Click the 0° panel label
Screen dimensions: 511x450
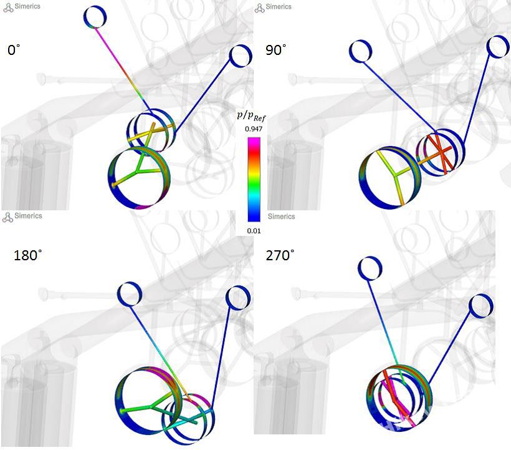[14, 51]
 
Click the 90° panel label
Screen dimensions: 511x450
[276, 51]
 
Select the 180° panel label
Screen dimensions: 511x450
[27, 255]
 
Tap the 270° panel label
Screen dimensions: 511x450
[280, 255]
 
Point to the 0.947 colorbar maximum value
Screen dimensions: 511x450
[254, 129]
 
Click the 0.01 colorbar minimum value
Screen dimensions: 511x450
[254, 231]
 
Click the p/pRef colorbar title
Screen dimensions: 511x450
[251, 116]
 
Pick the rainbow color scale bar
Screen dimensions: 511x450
[254, 180]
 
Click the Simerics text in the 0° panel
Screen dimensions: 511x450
[27, 6]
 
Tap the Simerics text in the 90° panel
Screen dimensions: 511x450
[279, 6]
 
